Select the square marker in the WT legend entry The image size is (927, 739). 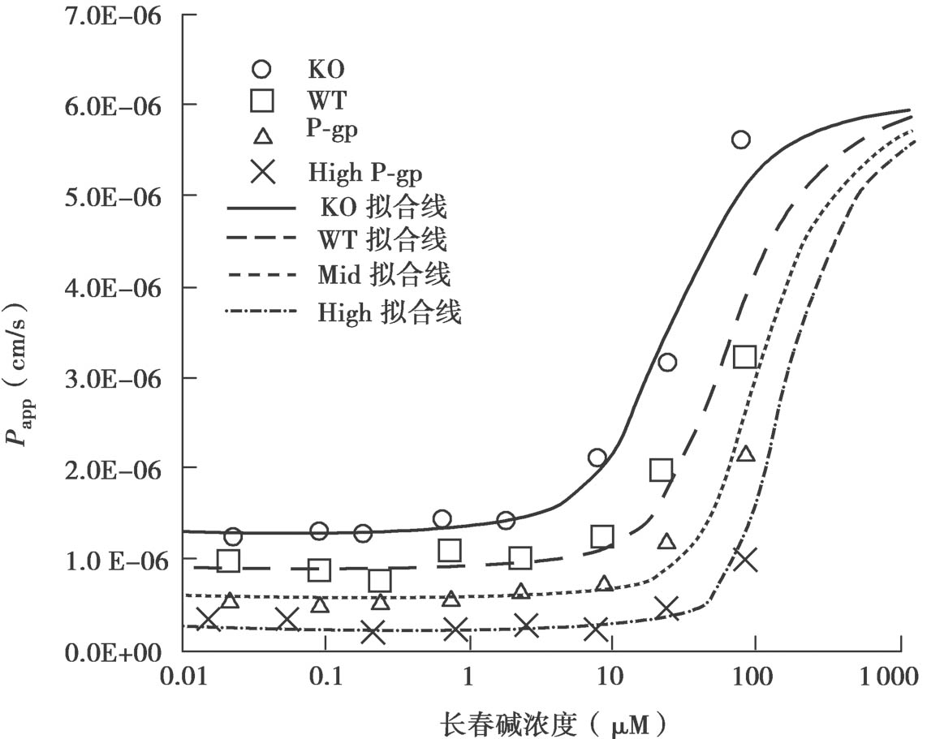coord(262,101)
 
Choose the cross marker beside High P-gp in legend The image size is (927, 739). coord(262,171)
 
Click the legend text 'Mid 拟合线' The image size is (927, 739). coord(386,276)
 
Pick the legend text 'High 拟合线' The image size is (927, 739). coord(390,311)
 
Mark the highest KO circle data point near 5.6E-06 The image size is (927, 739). coord(740,140)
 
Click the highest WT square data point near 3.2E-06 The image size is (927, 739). coord(744,357)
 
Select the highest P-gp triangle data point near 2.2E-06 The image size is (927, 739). coord(746,453)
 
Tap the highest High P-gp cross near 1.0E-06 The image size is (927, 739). coord(744,559)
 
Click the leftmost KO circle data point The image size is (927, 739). coord(233,536)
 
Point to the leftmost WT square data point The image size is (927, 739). coord(228,561)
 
